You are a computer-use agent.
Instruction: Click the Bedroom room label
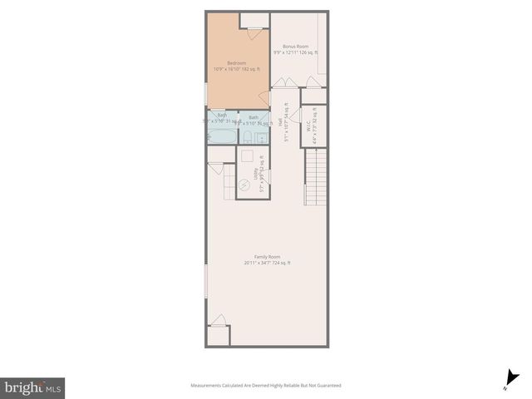coord(237,63)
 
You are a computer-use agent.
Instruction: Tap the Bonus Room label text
coord(295,47)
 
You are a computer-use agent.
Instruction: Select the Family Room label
coord(267,257)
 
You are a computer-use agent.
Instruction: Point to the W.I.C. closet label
coord(308,130)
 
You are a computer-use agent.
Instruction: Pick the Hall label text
coord(280,121)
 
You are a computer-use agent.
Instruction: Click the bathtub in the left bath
coord(222,133)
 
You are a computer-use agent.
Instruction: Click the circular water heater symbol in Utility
coord(244,185)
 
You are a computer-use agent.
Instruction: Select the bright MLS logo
coord(32,387)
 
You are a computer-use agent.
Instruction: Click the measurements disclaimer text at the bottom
coord(266,386)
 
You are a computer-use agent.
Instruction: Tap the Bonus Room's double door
coord(282,81)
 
